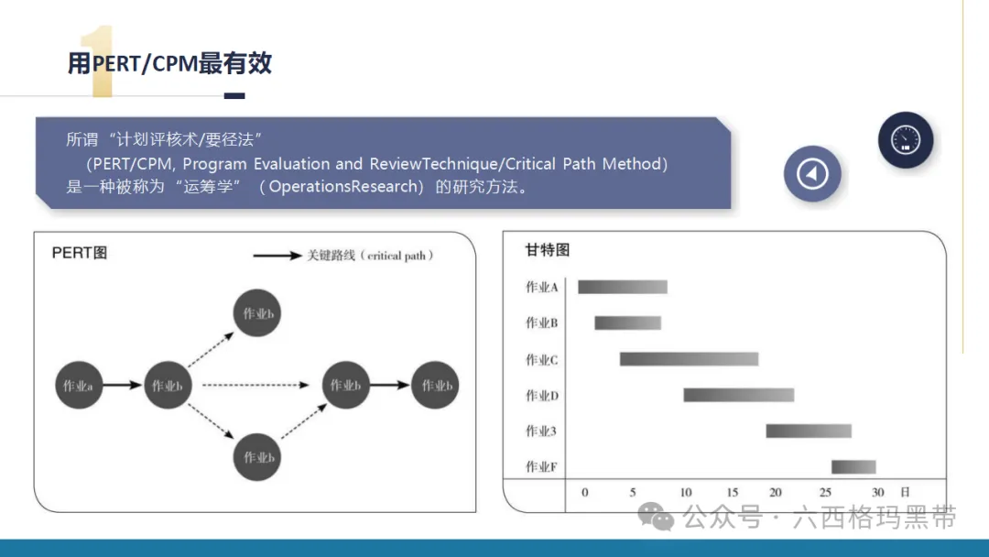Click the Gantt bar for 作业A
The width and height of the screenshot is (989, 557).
(623, 287)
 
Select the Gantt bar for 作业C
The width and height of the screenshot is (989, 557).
(689, 359)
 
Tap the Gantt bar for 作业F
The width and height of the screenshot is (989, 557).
(853, 467)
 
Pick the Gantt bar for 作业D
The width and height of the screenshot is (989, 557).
(739, 395)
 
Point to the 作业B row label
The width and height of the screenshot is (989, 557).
(542, 323)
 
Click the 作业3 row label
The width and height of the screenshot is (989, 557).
(541, 431)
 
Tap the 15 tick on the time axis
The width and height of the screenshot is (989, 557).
(732, 492)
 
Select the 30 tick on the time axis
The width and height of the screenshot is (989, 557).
(877, 492)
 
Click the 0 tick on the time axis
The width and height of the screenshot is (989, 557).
(584, 492)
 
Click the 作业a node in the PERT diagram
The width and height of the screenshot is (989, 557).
(79, 385)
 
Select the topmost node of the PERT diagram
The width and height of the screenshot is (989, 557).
(256, 313)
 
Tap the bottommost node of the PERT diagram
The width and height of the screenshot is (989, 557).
(256, 457)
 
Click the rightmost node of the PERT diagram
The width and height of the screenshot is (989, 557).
(435, 385)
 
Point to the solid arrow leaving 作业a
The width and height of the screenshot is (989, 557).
(123, 385)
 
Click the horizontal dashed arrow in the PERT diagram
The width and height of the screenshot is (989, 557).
(255, 385)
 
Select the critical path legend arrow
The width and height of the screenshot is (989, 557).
(277, 256)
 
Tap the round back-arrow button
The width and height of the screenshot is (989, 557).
(812, 173)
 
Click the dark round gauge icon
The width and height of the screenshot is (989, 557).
(906, 140)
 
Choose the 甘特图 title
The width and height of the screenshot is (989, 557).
(548, 250)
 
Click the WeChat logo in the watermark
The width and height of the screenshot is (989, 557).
(656, 517)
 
